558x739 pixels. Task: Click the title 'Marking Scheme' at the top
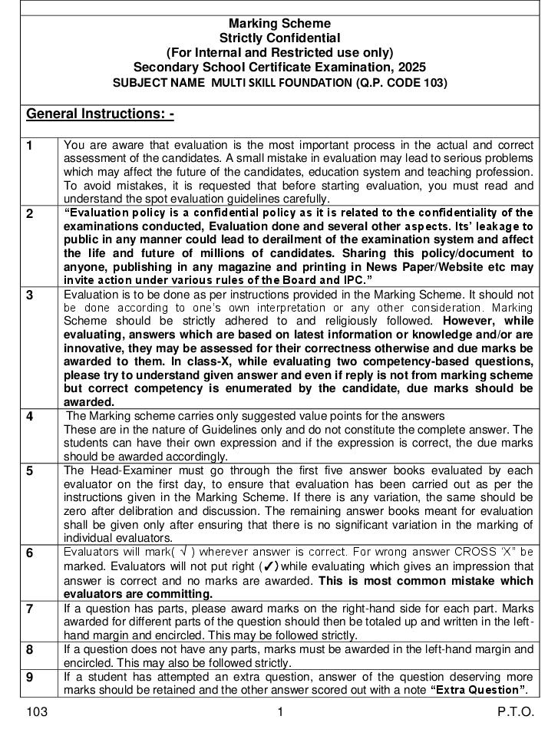(279, 24)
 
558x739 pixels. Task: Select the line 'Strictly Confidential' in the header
(279, 38)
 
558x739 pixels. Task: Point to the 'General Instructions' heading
(100, 114)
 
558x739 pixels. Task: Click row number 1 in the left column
(30, 146)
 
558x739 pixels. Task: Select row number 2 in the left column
(30, 214)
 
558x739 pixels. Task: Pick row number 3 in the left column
(30, 295)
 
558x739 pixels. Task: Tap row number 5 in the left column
(30, 471)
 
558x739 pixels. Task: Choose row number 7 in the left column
(30, 609)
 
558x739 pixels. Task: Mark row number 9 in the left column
(30, 678)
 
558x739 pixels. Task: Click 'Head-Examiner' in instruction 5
(124, 470)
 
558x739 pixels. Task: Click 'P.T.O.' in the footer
(515, 712)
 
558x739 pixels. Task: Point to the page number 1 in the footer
(280, 712)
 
